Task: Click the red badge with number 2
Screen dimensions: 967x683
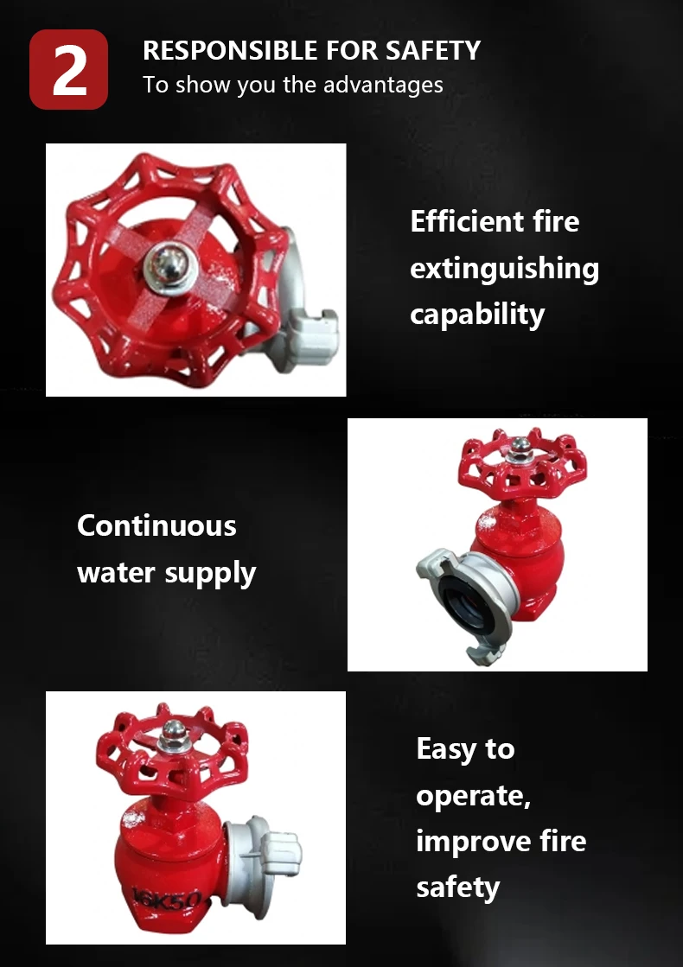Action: pyautogui.click(x=69, y=70)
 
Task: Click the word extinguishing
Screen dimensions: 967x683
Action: pyautogui.click(x=504, y=269)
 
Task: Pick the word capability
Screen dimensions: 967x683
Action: pyautogui.click(x=477, y=315)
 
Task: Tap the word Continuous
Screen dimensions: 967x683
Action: pyautogui.click(x=156, y=525)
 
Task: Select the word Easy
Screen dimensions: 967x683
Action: pyautogui.click(x=445, y=748)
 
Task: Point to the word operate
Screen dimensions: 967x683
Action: pyautogui.click(x=471, y=795)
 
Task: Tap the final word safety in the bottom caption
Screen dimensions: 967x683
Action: pyautogui.click(x=457, y=887)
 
